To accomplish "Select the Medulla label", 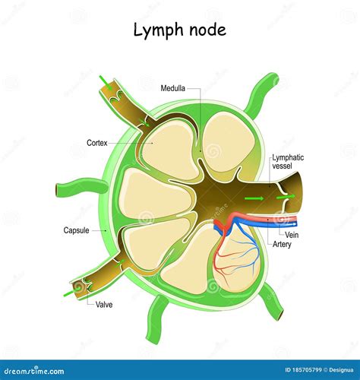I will (174, 88).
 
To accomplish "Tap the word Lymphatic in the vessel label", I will (288, 157).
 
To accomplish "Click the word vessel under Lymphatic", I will (282, 167).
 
